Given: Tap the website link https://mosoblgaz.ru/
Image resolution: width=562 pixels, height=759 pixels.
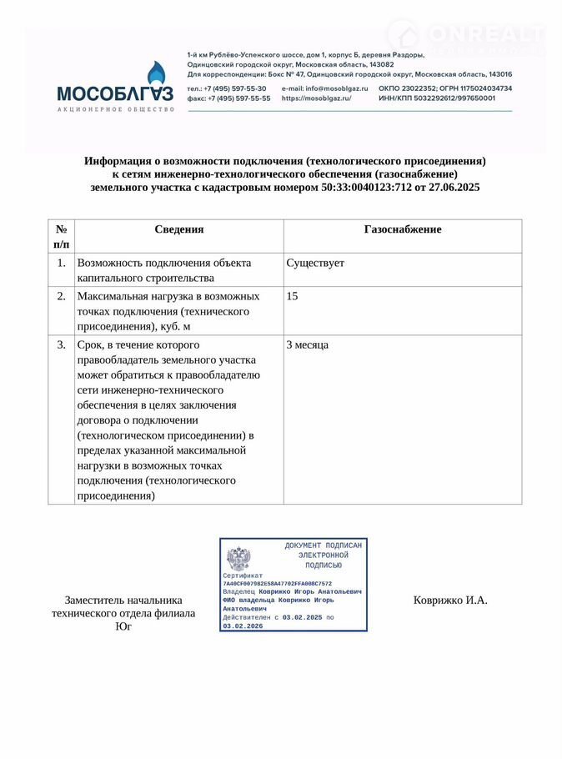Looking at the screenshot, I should pyautogui.click(x=316, y=98).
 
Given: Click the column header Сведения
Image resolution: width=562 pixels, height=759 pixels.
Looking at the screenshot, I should pyautogui.click(x=178, y=229).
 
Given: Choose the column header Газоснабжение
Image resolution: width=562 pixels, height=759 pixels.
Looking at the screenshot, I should pyautogui.click(x=403, y=229).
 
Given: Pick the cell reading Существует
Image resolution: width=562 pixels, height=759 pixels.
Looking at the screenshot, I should pyautogui.click(x=315, y=264).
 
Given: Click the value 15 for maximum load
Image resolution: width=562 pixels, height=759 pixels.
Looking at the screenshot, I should pyautogui.click(x=292, y=296).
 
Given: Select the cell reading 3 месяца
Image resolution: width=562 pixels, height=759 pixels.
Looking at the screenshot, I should pyautogui.click(x=308, y=344).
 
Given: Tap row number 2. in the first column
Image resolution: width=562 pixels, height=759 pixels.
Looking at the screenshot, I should pyautogui.click(x=61, y=296).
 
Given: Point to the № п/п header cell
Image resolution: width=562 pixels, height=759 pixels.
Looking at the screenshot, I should pyautogui.click(x=61, y=236).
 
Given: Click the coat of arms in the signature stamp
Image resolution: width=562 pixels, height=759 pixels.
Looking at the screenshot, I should pyautogui.click(x=238, y=557).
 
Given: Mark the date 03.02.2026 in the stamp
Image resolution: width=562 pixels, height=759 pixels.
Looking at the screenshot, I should pyautogui.click(x=243, y=626).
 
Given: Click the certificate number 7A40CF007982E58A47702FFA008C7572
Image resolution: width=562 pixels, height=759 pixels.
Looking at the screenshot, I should pyautogui.click(x=277, y=584).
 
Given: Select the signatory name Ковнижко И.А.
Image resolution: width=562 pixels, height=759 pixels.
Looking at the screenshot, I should pyautogui.click(x=450, y=600).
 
